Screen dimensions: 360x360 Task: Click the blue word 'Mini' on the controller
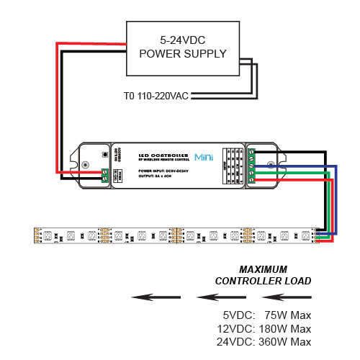coord(204,156)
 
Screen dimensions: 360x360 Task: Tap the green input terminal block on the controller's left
coord(106,174)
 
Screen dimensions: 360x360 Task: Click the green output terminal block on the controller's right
coord(251,165)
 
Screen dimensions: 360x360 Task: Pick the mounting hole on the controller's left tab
coord(86,165)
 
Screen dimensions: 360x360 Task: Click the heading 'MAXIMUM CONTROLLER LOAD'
coord(264,275)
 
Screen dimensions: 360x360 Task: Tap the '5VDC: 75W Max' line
coord(267,315)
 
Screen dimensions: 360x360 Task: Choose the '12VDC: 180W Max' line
coord(267,328)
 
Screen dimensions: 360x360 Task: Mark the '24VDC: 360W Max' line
coord(267,341)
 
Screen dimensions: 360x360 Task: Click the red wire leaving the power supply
coord(58,108)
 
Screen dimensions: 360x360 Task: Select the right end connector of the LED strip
coord(318,235)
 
